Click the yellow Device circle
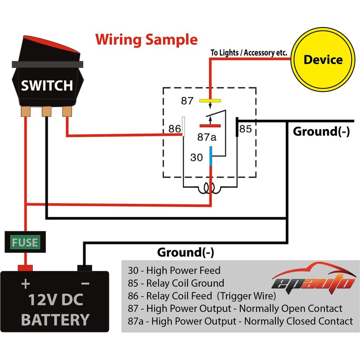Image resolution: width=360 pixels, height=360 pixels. point(323,60)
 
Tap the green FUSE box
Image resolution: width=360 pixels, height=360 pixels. point(25,243)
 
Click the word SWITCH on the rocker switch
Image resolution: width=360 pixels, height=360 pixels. point(46,85)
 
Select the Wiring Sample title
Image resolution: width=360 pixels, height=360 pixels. point(146,39)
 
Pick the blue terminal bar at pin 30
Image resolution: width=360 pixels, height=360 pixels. point(210,155)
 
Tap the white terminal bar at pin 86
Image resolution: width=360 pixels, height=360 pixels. point(184,126)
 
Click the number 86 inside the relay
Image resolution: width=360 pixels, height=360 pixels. point(174,129)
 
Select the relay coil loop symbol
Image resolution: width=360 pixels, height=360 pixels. point(210,188)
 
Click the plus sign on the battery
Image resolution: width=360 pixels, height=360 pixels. point(25,283)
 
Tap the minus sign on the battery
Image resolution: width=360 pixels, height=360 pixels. point(85,283)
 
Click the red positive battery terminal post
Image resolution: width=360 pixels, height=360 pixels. point(25,268)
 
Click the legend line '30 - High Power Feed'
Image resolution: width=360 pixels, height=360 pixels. point(174,270)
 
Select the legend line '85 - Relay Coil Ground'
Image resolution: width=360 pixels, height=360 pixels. point(176,283)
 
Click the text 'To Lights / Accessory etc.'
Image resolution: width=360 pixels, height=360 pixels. point(249,53)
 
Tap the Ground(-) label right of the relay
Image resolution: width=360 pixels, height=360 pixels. point(321,132)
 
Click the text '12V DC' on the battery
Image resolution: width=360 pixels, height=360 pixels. point(55,301)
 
